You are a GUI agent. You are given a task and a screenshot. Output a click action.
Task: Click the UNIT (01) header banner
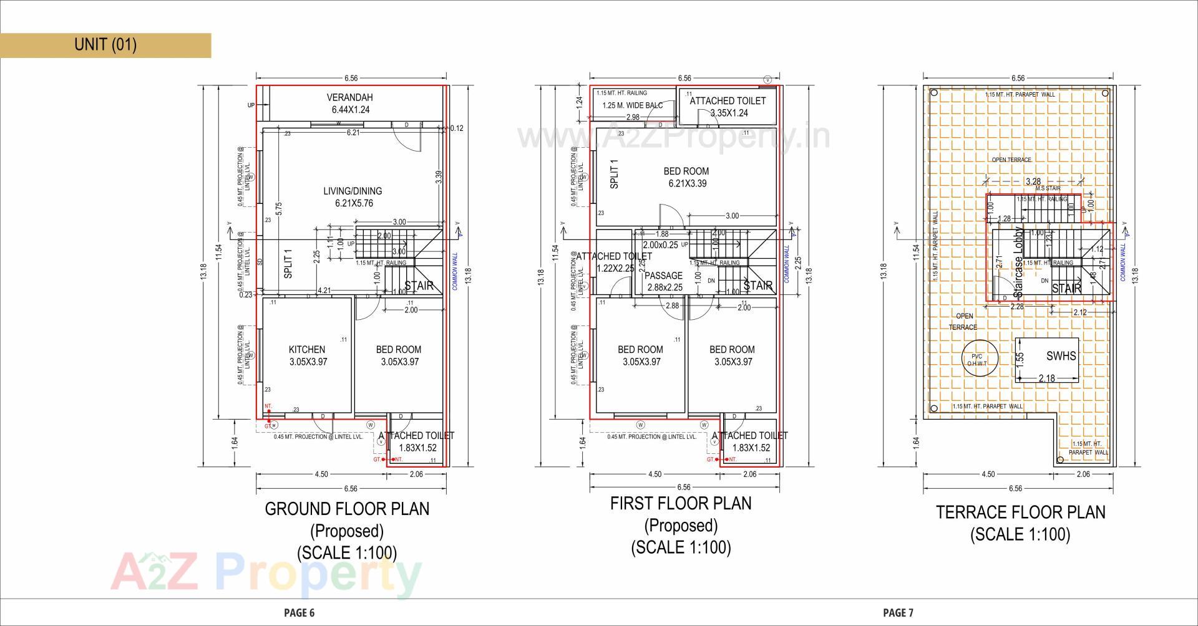coord(105,45)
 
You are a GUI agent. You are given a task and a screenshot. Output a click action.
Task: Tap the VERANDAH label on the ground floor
coord(349,97)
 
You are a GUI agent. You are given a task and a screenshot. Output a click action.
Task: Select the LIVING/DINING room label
coord(353,191)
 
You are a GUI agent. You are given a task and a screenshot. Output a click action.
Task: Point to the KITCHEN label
coord(306,349)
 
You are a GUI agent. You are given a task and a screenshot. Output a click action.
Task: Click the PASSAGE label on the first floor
coord(663,276)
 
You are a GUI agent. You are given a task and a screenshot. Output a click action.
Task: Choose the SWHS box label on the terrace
coord(1061,356)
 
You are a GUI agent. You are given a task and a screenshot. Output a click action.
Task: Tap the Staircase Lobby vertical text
coord(1018,262)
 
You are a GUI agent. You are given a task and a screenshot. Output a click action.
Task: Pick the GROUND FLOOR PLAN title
coord(347,509)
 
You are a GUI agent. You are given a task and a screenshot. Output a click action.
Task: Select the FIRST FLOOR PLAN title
coord(681,503)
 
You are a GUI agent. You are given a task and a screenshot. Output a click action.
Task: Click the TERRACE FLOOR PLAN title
coord(1020,513)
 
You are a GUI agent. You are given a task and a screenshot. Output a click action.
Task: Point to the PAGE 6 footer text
coord(299,612)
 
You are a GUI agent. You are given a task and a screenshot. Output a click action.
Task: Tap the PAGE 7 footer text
coord(898,612)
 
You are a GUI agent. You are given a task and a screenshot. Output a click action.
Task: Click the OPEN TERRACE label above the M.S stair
coord(1011,160)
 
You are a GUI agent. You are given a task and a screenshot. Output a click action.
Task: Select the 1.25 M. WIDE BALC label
coord(632,105)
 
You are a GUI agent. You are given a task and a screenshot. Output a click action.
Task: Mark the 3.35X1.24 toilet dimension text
coord(729,113)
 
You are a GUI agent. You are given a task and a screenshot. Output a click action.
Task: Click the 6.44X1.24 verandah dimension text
coord(350,110)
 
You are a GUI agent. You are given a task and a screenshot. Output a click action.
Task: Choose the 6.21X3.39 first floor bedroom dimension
coord(686,183)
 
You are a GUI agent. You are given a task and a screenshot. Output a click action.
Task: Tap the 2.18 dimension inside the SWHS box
coord(1046,378)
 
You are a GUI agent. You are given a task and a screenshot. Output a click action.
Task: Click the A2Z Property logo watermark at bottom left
coord(265,574)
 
